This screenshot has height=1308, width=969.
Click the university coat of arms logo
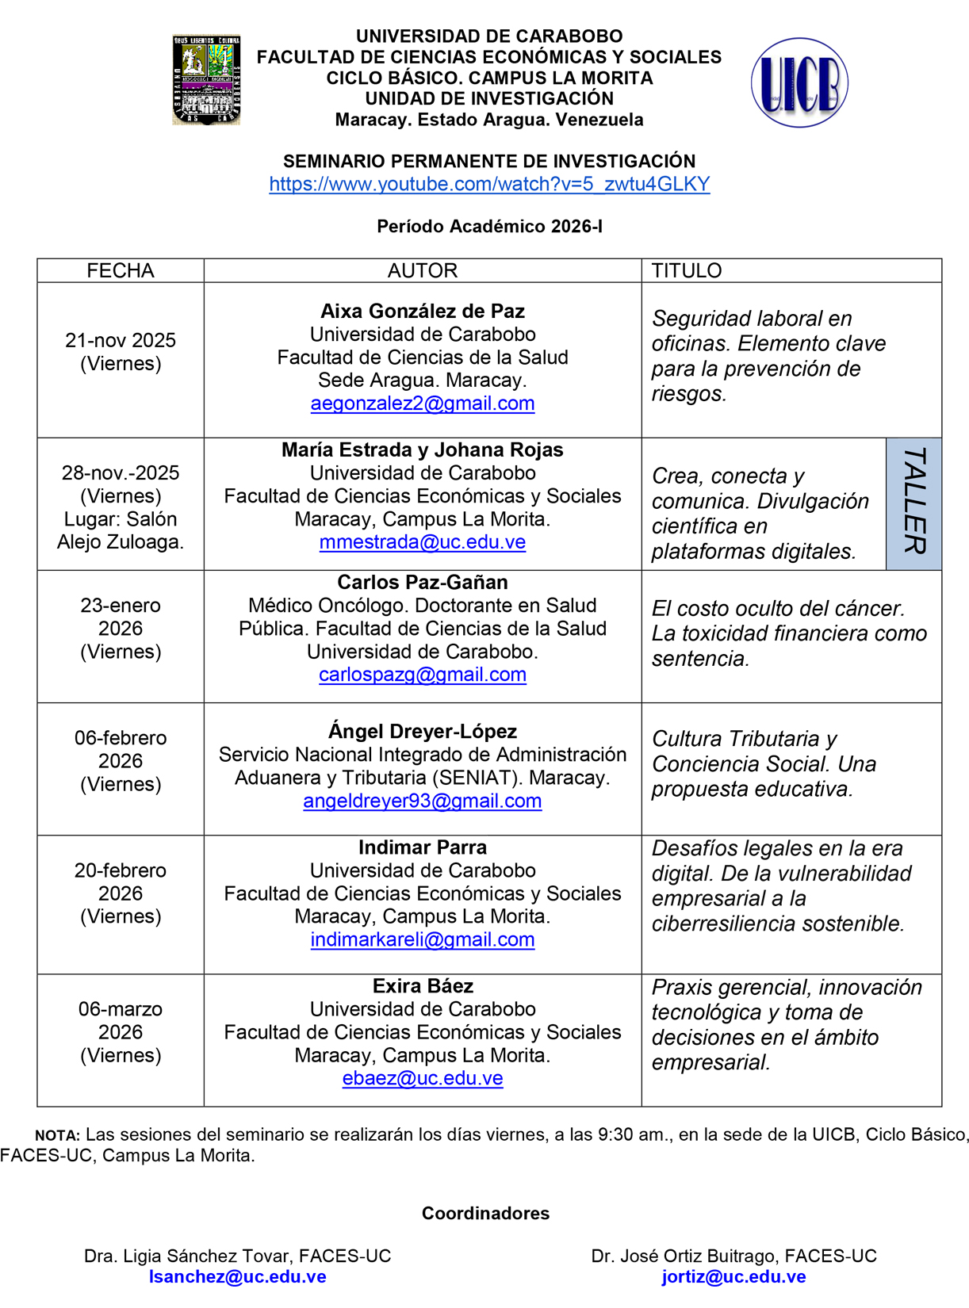206,80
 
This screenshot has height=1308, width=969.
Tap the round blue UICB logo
799,82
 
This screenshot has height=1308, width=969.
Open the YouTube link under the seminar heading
489,184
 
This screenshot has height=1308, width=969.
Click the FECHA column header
121,270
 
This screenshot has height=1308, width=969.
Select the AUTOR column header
422,270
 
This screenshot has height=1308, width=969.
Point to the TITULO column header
687,270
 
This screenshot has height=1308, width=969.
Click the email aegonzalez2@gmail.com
422,403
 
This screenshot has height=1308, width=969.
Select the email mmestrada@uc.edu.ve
422,542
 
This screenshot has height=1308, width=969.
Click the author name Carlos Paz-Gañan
422,582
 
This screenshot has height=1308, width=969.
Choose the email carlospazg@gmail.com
422,675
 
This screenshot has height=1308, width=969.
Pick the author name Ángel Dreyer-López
422,731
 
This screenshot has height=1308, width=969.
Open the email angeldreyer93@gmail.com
422,801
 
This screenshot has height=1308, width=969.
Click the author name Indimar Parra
422,847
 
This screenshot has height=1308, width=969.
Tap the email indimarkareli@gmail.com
422,939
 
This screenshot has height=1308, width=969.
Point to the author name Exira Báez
422,986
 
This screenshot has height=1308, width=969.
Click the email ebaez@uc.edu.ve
422,1078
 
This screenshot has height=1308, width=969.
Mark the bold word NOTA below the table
57,1136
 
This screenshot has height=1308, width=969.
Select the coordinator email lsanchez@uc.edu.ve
238,1277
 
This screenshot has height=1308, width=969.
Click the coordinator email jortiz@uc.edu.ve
733,1277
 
